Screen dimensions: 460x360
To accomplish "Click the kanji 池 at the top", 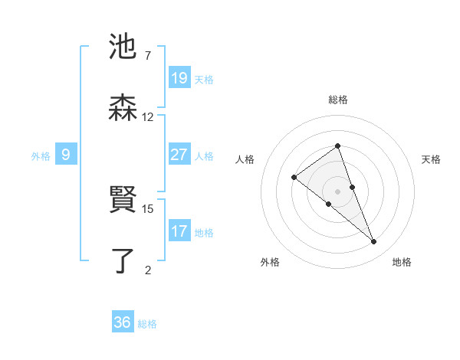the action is tap(123, 47).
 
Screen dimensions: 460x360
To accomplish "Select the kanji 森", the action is tap(123, 108).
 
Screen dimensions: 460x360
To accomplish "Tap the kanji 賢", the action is tap(123, 200).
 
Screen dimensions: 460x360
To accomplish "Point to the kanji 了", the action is tap(123, 260).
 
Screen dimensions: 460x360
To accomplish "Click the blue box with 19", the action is tap(179, 78).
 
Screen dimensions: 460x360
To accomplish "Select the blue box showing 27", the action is tap(179, 155).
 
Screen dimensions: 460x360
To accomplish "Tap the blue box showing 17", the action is tap(179, 231).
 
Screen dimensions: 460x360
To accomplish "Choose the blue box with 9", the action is tap(66, 155).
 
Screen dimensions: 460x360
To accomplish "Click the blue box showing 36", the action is tap(123, 322).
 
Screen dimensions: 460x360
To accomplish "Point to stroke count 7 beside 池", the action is tap(147, 56).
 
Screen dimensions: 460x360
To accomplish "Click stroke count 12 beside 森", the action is tap(147, 117).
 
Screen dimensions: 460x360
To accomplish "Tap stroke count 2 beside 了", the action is tap(147, 270).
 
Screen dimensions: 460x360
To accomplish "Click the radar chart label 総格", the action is tap(337, 100).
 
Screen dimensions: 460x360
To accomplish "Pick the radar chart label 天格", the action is tap(431, 159).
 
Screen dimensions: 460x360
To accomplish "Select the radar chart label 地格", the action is tap(402, 262).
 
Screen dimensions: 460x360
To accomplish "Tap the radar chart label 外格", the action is tap(270, 262).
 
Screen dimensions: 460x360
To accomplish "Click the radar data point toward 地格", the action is tap(374, 242).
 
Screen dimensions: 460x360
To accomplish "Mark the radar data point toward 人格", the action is tap(294, 178).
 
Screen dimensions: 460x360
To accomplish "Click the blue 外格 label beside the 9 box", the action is tap(41, 156).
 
